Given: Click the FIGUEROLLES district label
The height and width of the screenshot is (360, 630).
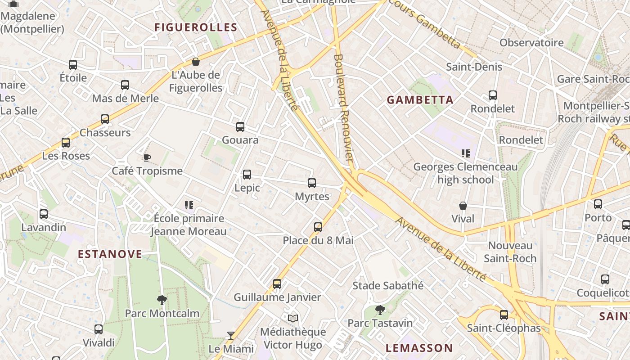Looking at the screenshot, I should click(196, 27).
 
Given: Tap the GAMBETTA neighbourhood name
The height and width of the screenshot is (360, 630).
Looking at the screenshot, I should click(420, 100).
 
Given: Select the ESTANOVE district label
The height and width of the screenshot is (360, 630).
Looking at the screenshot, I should click(110, 254).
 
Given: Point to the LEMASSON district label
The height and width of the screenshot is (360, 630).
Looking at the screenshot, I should click(419, 348).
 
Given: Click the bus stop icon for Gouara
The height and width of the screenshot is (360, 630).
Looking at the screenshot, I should click(240, 127).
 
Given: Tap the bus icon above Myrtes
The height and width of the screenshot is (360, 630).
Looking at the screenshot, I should click(312, 183).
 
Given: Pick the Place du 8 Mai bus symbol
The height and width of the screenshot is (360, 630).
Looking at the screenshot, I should click(318, 227).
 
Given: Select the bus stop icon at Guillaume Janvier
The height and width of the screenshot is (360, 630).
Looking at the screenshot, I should click(277, 284).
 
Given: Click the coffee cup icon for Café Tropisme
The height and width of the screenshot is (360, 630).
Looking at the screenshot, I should click(147, 157).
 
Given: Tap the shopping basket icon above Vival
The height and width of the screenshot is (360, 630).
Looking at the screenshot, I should click(463, 206).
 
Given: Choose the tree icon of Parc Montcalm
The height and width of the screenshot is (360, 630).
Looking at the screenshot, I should click(162, 300).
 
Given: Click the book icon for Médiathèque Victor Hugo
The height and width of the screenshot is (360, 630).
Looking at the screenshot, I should click(293, 319).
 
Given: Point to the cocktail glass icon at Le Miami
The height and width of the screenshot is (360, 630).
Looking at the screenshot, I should click(231, 335).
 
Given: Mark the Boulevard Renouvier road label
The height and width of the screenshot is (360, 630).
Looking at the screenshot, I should click(344, 108).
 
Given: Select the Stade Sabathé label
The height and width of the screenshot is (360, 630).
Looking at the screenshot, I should click(388, 285).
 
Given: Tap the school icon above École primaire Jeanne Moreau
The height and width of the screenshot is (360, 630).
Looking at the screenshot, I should click(189, 205).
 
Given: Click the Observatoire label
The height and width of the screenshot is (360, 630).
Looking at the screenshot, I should click(531, 43).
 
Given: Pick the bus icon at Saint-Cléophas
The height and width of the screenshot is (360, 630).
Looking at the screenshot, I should click(504, 315).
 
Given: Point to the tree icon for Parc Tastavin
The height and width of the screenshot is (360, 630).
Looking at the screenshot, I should click(380, 310).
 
